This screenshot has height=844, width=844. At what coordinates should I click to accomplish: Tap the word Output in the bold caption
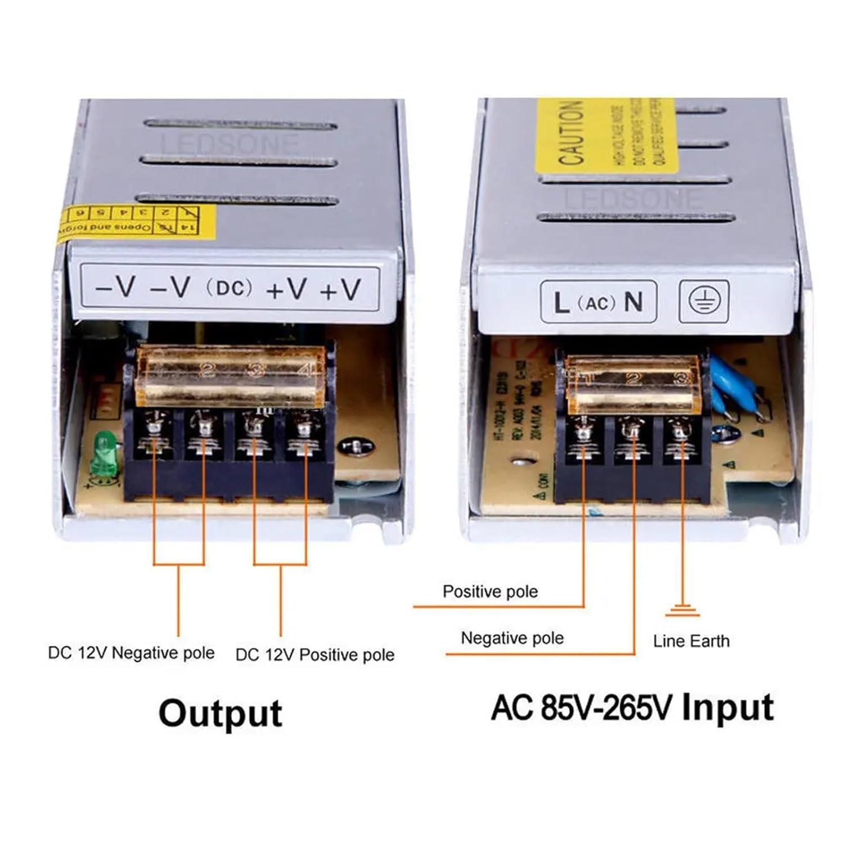tap(220, 713)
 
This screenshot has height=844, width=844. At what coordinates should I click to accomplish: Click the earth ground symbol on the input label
tap(704, 302)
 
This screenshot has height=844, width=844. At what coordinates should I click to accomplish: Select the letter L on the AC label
tap(560, 303)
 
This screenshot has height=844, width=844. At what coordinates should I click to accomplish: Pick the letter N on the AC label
tap(634, 302)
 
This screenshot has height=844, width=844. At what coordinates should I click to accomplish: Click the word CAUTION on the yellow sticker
tap(571, 134)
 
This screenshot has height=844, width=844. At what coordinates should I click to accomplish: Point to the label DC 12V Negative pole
tap(131, 653)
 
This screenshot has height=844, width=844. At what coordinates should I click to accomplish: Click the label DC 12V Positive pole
tap(315, 655)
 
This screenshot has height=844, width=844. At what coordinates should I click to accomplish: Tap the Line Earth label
tap(691, 641)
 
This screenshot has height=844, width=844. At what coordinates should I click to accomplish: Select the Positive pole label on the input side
tap(490, 591)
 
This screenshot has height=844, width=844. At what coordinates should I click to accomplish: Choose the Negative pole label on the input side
tap(512, 638)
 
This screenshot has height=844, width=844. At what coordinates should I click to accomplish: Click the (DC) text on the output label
tap(230, 288)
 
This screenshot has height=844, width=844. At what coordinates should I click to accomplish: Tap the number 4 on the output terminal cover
tap(306, 370)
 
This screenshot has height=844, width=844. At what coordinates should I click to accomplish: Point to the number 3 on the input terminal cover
tap(681, 378)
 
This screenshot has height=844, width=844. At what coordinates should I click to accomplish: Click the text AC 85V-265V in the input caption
tap(582, 708)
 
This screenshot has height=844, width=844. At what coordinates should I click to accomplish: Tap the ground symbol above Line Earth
tap(683, 610)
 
